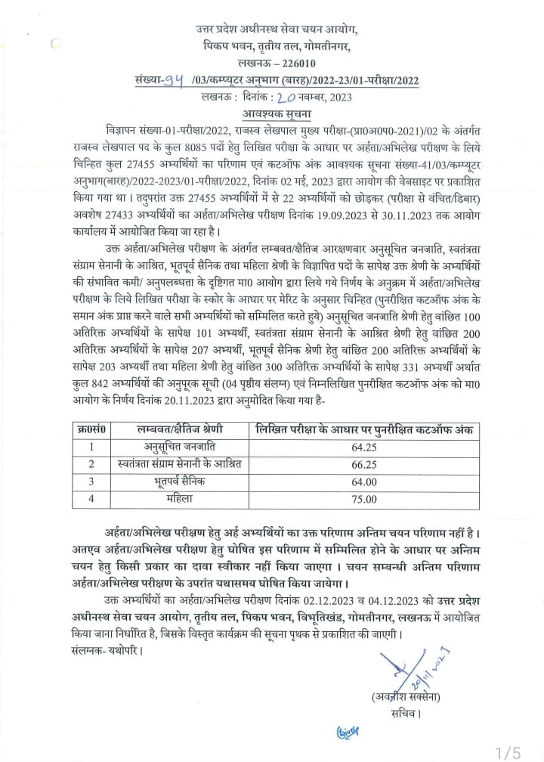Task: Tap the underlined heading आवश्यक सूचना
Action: coord(273,112)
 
